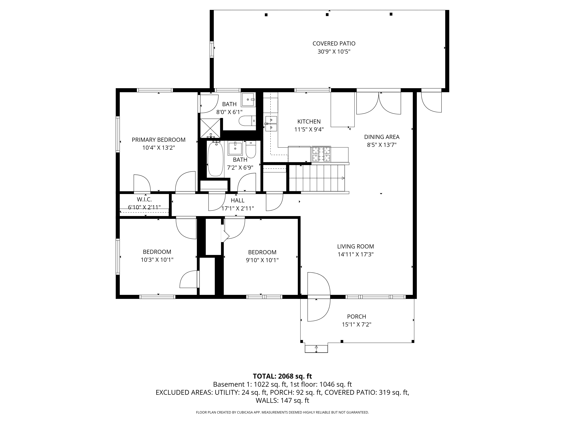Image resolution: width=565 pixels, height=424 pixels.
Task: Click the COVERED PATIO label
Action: pyautogui.click(x=334, y=43)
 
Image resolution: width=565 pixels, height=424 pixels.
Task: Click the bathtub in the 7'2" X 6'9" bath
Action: pyautogui.click(x=215, y=159)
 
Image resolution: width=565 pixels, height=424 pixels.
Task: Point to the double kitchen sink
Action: pyautogui.click(x=271, y=123)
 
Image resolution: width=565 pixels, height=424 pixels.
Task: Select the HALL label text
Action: pyautogui.click(x=238, y=200)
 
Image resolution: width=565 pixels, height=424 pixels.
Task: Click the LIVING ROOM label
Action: pyautogui.click(x=355, y=246)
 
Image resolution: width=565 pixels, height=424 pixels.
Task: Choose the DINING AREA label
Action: pyautogui.click(x=382, y=137)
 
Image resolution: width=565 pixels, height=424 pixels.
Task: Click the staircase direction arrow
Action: pyautogui.click(x=343, y=178)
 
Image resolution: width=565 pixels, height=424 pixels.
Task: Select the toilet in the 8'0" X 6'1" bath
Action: pyautogui.click(x=247, y=121)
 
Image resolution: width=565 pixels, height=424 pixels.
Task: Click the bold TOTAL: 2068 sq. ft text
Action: pyautogui.click(x=282, y=376)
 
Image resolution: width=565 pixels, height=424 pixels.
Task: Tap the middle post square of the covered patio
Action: pyautogui.click(x=327, y=15)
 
